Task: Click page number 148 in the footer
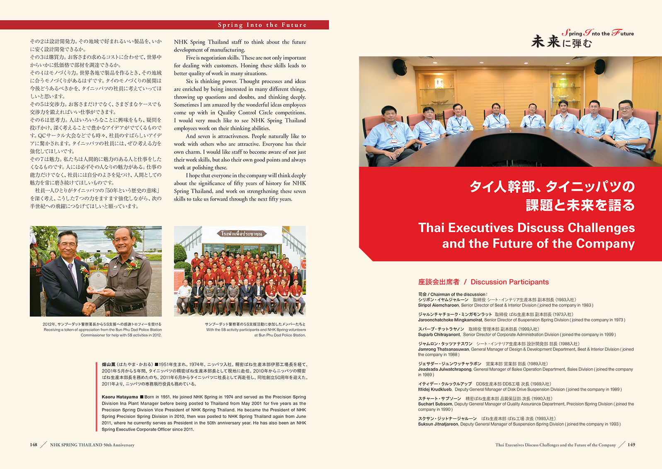[x=34, y=445]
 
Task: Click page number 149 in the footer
[x=631, y=445]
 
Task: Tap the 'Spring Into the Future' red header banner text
[x=262, y=25]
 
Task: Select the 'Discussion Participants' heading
[x=509, y=282]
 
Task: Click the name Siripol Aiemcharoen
[x=438, y=305]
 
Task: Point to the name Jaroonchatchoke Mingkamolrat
[x=450, y=320]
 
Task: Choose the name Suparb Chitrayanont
[x=439, y=335]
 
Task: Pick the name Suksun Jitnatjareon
[x=438, y=424]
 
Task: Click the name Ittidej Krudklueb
[x=434, y=389]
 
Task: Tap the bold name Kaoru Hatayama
[x=120, y=397]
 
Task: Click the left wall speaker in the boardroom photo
[x=400, y=67]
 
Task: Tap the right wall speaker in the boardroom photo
[x=599, y=66]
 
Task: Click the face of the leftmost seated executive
[x=389, y=113]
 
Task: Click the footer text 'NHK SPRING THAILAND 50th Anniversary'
[x=92, y=445]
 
